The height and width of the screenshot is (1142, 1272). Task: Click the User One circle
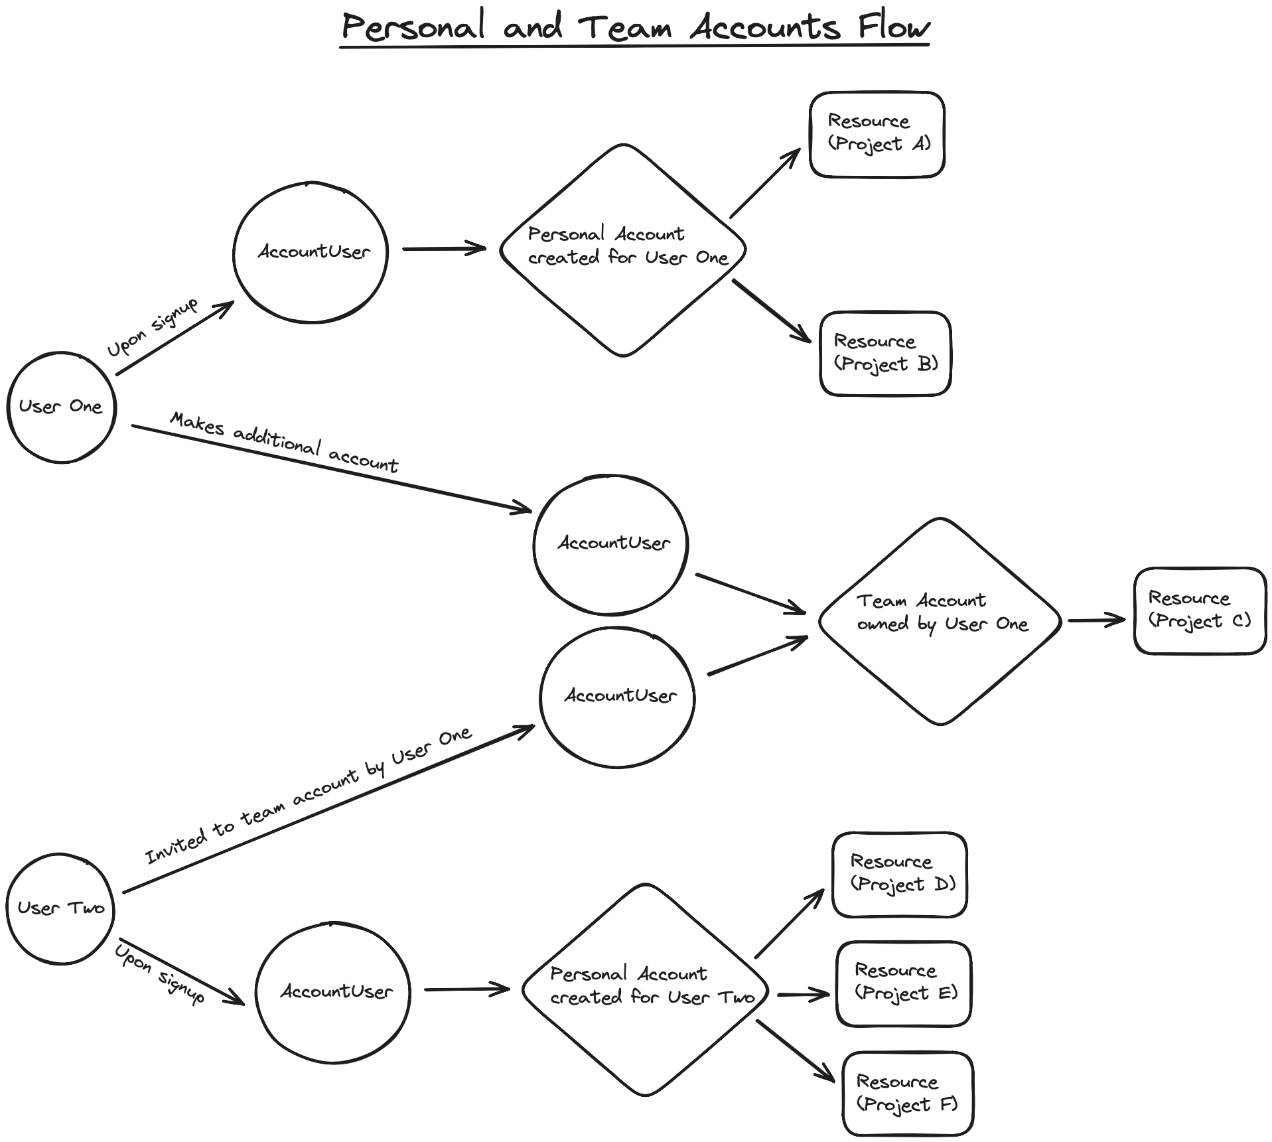coord(61,407)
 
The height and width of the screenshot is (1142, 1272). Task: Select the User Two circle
coord(60,908)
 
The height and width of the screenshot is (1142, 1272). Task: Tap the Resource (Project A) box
coord(877,134)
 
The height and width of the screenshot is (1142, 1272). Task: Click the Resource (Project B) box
coord(885,353)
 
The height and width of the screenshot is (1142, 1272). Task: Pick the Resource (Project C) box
coord(1199,610)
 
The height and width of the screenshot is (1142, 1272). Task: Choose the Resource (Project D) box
coord(899,874)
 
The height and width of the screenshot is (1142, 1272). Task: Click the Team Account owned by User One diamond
coord(940,620)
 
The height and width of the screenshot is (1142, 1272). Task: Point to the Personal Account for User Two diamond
coord(645,989)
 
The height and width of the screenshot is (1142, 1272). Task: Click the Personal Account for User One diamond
coord(622,250)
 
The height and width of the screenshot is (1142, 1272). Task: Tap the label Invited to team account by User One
coord(309,796)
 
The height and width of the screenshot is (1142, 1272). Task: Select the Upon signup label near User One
coord(153,328)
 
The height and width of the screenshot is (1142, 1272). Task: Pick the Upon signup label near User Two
coord(159,973)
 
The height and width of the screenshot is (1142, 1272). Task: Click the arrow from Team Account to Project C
coord(1096,620)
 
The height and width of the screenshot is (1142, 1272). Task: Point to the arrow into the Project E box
coord(803,994)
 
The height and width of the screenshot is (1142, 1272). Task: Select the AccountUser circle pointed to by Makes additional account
coord(610,544)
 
